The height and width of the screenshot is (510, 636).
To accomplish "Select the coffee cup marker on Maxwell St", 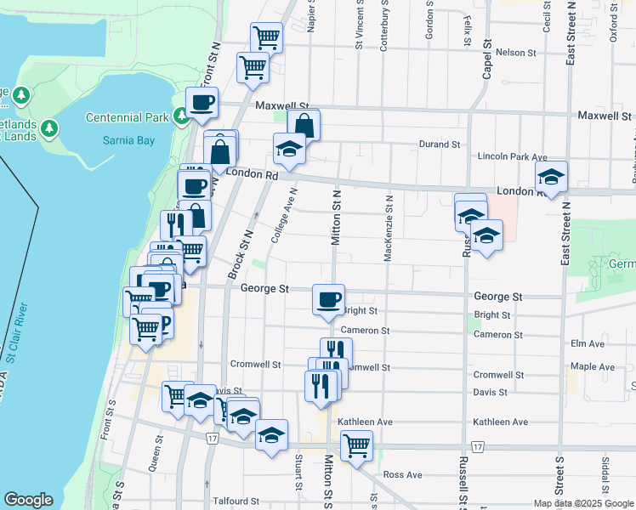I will pyautogui.click(x=202, y=103).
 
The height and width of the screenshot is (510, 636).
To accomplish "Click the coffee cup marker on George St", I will pyautogui.click(x=328, y=299).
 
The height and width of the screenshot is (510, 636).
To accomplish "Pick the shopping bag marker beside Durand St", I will pyautogui.click(x=304, y=126).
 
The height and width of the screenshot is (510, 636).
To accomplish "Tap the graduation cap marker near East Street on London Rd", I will pyautogui.click(x=552, y=178).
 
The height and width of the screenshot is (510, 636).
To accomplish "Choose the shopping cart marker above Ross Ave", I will pyautogui.click(x=356, y=445).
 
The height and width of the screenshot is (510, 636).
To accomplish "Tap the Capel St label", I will pyautogui.click(x=488, y=59).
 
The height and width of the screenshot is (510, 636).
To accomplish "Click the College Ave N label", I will pyautogui.click(x=283, y=216).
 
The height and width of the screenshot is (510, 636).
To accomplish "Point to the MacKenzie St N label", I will pyautogui.click(x=388, y=228).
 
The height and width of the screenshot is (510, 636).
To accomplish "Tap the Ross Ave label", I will pyautogui.click(x=402, y=474).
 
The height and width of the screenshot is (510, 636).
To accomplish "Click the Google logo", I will pyautogui.click(x=28, y=500).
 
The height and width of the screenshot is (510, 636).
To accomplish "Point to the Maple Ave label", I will pyautogui.click(x=592, y=366).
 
